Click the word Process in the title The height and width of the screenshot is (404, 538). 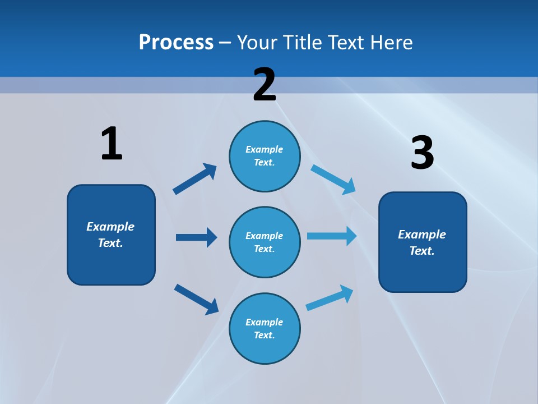[176, 42]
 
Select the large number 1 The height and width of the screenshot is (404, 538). [112, 144]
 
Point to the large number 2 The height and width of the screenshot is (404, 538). [265, 85]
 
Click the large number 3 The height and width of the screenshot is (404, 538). [422, 153]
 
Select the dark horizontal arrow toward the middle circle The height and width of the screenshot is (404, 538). [196, 237]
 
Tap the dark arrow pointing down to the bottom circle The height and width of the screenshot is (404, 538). [196, 299]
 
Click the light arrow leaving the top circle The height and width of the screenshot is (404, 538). [333, 180]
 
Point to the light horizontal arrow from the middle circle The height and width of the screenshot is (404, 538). [332, 236]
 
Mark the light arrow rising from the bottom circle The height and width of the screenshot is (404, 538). [330, 297]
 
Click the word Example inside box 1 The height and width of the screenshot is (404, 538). [110, 227]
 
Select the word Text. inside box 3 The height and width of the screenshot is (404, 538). [422, 251]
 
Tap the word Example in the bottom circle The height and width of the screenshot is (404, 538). [264, 322]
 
